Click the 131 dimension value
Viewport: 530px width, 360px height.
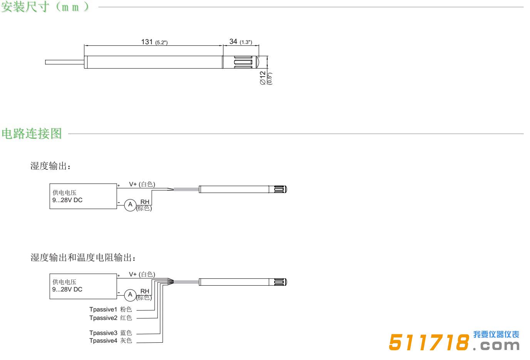pos(147,42)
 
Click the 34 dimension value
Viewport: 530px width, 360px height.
pos(233,42)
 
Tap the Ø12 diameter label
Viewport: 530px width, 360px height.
pos(263,78)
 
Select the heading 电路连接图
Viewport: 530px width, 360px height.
pos(32,133)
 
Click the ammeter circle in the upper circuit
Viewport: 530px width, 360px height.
pos(130,205)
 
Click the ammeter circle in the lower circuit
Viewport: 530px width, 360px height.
pos(130,295)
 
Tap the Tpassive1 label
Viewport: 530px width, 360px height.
pos(103,310)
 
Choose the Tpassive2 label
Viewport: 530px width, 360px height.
pos(103,318)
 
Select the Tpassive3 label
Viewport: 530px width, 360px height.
pos(103,333)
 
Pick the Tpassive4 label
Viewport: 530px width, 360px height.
pos(103,341)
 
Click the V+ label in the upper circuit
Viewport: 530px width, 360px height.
pos(133,184)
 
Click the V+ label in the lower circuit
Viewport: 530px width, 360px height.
pos(133,274)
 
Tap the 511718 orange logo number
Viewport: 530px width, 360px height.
pos(429,342)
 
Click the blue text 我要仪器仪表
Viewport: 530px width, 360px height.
pos(496,335)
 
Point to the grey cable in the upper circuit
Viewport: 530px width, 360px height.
pos(186,189)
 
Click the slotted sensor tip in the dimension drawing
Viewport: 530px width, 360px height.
pos(241,62)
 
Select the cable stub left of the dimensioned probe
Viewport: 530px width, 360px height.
pos(65,62)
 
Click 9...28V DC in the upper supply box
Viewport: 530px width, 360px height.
pos(67,200)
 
